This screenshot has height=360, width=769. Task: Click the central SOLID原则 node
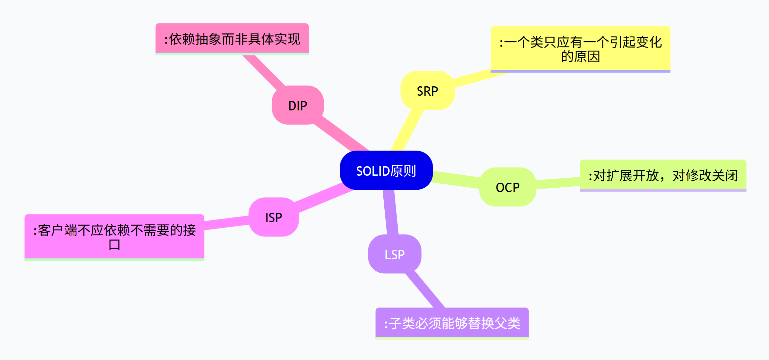point(386,170)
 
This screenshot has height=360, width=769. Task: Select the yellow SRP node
point(428,91)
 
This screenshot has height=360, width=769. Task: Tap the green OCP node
point(508,187)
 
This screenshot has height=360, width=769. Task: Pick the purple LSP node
point(394,254)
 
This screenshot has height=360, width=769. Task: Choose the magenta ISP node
point(274,217)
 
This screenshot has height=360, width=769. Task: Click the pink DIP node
point(298,105)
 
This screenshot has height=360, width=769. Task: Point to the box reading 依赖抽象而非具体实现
point(232,38)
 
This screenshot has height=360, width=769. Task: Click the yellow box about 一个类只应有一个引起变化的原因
point(580,49)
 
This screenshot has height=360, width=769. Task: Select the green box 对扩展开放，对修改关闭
point(663,175)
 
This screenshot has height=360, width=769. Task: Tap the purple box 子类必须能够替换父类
point(452,323)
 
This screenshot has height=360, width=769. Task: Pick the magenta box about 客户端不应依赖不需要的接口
point(114,237)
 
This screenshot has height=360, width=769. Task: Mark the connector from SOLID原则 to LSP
point(390,212)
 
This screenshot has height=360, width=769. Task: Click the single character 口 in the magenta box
point(114,245)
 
